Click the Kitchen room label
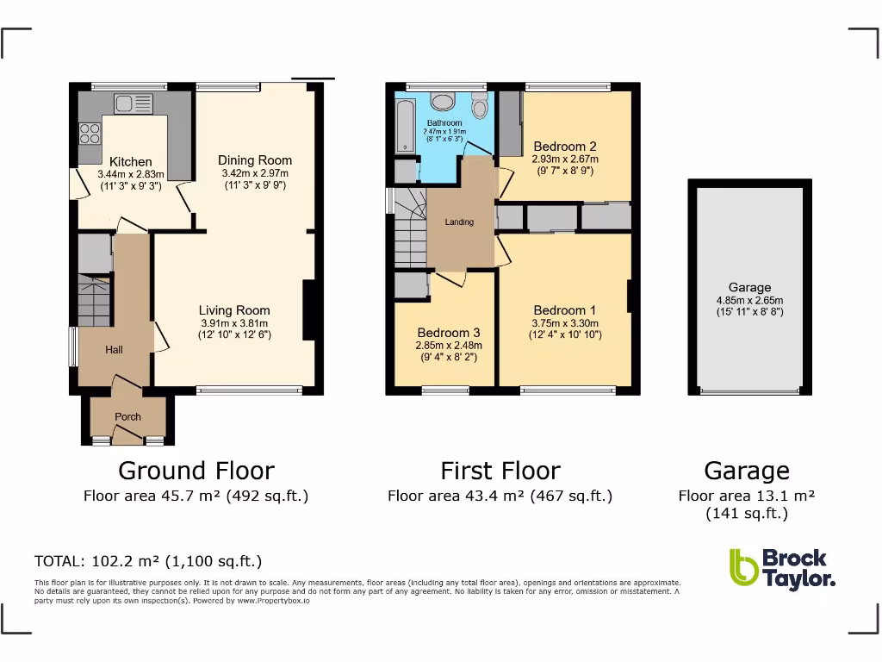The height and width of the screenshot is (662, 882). click(x=130, y=161)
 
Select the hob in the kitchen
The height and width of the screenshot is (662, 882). click(x=90, y=134)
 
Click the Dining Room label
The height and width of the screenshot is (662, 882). click(x=254, y=159)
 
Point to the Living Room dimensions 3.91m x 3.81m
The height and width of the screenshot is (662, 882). click(x=234, y=323)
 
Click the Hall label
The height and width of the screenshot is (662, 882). click(x=114, y=349)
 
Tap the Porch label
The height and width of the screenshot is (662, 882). click(x=127, y=416)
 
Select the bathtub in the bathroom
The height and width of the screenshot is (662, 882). click(x=405, y=126)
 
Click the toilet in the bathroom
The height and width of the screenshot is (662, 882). click(x=479, y=107)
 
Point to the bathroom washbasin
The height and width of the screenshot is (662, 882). click(x=443, y=102)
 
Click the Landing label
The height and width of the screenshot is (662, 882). click(x=458, y=222)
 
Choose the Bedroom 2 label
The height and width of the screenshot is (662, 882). click(x=564, y=147)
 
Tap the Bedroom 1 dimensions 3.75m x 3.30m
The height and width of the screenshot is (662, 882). click(x=564, y=323)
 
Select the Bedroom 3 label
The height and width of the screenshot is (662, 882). click(x=448, y=333)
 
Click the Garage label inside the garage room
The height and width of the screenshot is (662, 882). click(x=749, y=288)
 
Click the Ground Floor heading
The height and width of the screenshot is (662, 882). click(x=196, y=471)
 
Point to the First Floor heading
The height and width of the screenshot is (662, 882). click(x=500, y=471)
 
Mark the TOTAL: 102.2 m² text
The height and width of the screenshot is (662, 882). click(x=147, y=561)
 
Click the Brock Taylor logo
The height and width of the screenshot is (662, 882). click(x=781, y=568)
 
